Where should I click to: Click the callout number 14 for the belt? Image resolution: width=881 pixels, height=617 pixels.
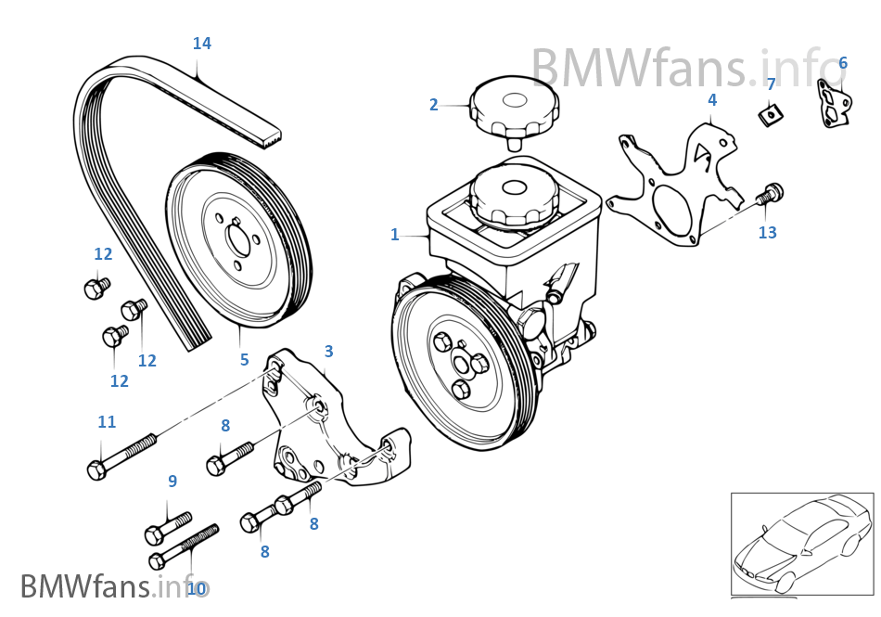pos(202,43)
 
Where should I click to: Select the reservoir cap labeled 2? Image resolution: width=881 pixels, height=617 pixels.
pos(515,108)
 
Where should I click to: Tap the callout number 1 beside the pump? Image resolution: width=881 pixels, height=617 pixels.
pos(395,235)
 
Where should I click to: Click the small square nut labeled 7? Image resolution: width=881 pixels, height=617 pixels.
pos(769,115)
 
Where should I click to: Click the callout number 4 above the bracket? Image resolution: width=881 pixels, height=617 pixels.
pos(712,99)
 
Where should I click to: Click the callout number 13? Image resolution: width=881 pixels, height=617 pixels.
pos(768,232)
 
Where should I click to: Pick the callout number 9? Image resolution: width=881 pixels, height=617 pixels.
pos(172,481)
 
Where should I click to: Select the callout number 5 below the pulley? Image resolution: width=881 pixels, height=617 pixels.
pos(245,359)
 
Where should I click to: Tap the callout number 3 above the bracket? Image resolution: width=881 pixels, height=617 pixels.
pos(328,352)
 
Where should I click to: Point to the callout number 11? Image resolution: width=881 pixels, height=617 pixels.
pos(107,422)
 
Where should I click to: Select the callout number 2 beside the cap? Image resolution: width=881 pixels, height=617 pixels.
pos(433,105)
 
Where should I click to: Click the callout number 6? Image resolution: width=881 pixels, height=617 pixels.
pos(843,63)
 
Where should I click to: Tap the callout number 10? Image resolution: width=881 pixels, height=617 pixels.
pos(197,588)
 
